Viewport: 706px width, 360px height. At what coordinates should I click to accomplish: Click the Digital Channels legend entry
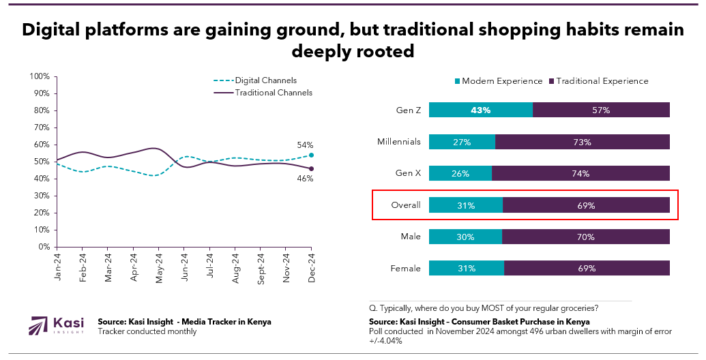click(265, 80)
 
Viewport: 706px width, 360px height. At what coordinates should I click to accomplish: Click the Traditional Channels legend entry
click(274, 92)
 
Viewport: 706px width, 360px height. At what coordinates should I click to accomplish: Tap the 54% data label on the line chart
click(304, 145)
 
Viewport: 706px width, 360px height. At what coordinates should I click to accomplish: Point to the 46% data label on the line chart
click(304, 179)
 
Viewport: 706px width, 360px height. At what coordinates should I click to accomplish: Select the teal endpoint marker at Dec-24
click(311, 155)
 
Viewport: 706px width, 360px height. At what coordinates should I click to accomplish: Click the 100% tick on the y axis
click(40, 76)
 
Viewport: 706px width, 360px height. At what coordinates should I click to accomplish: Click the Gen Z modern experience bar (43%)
click(480, 110)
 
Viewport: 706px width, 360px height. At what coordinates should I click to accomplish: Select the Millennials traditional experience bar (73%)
click(582, 142)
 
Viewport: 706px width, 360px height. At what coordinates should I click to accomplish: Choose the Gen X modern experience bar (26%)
click(460, 173)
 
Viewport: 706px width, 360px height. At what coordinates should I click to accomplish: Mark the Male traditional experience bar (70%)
click(585, 237)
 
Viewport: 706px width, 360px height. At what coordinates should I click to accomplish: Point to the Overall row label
click(407, 205)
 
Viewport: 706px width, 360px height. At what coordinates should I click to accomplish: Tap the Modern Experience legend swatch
click(457, 81)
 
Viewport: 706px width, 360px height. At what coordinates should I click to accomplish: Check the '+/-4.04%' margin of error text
click(384, 341)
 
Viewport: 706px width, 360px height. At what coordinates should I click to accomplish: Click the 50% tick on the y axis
click(42, 162)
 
